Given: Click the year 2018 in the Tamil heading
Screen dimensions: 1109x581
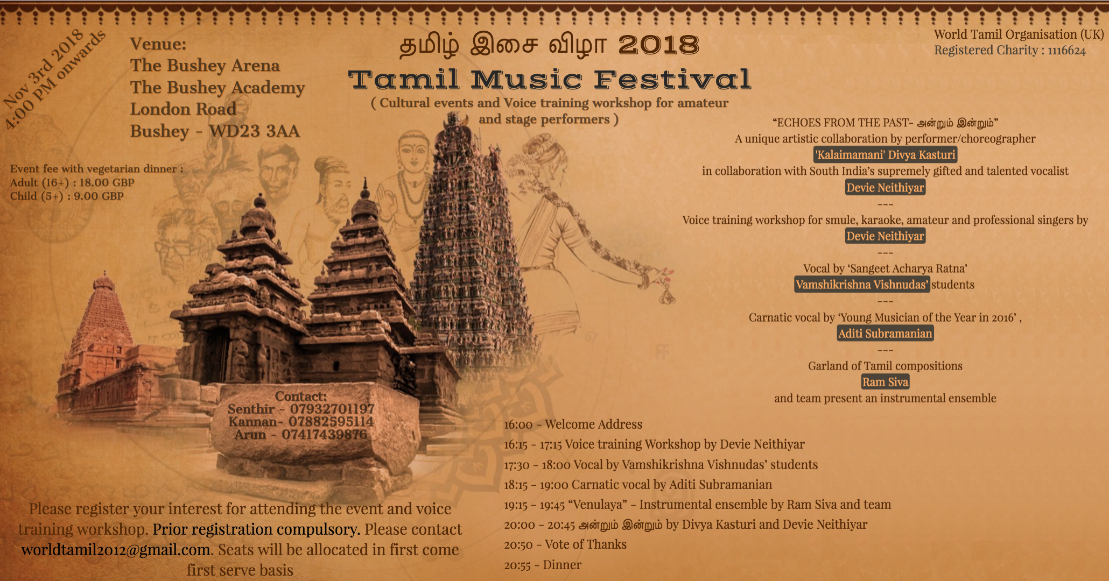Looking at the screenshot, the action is (x=658, y=45).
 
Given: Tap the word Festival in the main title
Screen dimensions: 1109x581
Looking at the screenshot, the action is (x=672, y=80).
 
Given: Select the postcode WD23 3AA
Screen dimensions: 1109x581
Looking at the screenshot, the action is (x=254, y=131).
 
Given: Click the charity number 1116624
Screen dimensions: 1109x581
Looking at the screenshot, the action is (x=1066, y=51).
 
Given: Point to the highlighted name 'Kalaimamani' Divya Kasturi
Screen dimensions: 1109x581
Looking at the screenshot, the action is (x=886, y=155).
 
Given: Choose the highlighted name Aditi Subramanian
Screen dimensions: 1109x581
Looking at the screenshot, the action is (x=885, y=334).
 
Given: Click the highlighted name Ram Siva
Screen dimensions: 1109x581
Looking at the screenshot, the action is (x=885, y=382).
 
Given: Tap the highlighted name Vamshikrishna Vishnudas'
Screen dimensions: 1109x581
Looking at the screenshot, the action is (x=862, y=285).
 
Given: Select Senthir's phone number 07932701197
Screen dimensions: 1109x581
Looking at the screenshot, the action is (x=332, y=409).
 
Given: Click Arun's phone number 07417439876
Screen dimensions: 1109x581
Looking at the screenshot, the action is (x=324, y=435).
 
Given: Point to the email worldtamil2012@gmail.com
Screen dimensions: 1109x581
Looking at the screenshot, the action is (x=116, y=550).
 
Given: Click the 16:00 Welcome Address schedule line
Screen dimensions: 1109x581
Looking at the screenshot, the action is (x=573, y=424).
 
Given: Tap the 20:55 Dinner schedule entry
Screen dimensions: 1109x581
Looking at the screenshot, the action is (x=543, y=565).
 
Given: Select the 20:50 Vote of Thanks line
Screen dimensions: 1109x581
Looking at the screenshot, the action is (x=565, y=544).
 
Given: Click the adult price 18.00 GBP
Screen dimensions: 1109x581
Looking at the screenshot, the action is (x=107, y=183).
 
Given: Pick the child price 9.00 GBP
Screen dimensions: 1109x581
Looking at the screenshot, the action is (x=99, y=196).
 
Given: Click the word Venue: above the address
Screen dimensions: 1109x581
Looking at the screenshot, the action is (x=158, y=44).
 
